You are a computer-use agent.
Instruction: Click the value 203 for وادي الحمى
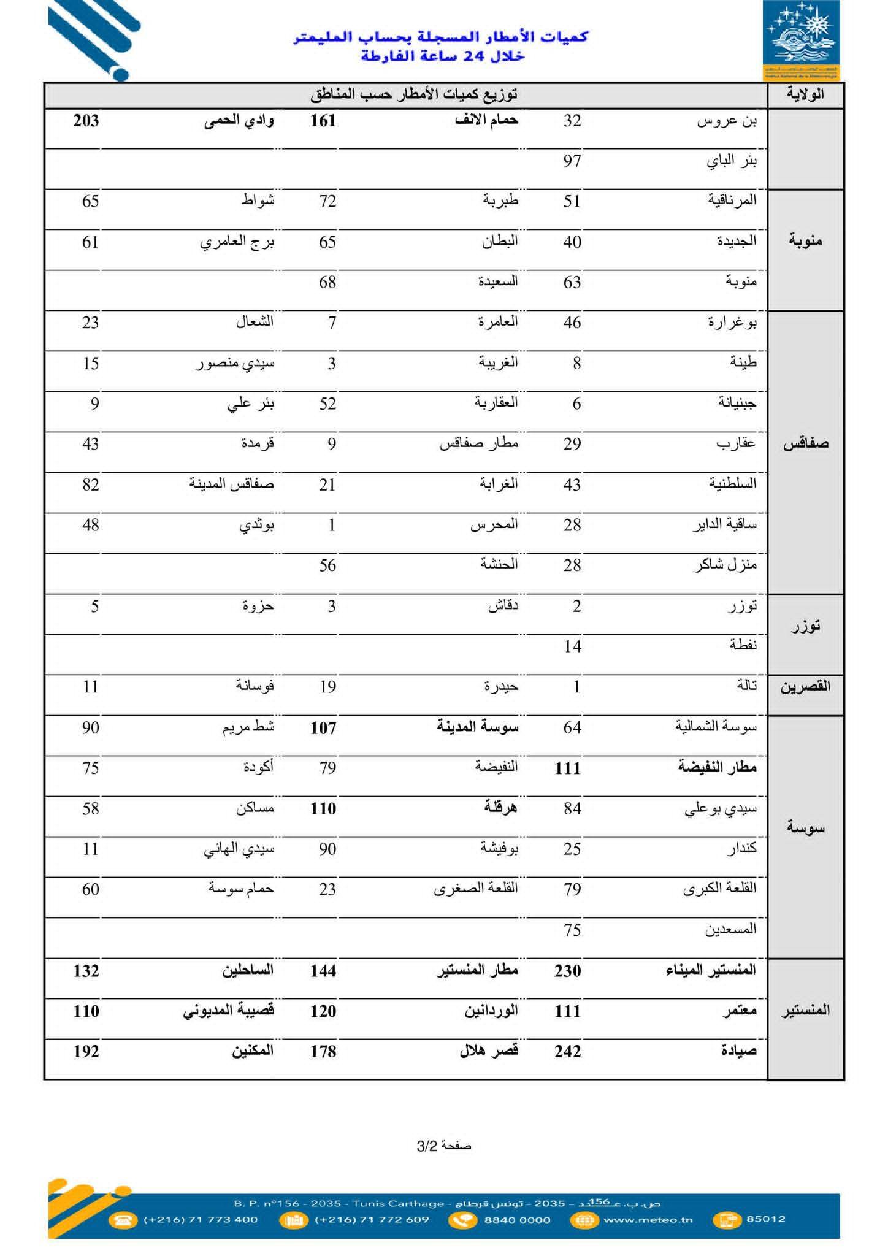[86, 120]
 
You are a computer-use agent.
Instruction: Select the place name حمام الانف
[486, 120]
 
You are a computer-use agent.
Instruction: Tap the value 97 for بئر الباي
[572, 161]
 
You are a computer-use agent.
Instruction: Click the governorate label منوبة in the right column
[805, 240]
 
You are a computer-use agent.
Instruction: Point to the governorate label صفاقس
[805, 443]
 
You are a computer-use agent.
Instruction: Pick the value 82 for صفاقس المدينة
[91, 484]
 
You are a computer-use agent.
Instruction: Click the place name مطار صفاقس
[479, 443]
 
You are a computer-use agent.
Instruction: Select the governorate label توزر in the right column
[805, 627]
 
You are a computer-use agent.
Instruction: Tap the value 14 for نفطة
[572, 646]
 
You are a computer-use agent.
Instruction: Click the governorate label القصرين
[805, 686]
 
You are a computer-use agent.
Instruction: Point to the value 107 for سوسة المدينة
[323, 728]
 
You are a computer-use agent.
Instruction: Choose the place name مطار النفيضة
[717, 767]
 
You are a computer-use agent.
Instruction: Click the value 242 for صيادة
[568, 1052]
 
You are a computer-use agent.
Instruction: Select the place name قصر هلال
[489, 1051]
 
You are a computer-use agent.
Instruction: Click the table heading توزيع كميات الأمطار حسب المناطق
[414, 94]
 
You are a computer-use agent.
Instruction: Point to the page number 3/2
[444, 1146]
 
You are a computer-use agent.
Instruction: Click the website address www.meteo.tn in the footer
[648, 1219]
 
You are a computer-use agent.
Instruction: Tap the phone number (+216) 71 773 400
[201, 1219]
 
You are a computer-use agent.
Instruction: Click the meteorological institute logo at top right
[801, 40]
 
